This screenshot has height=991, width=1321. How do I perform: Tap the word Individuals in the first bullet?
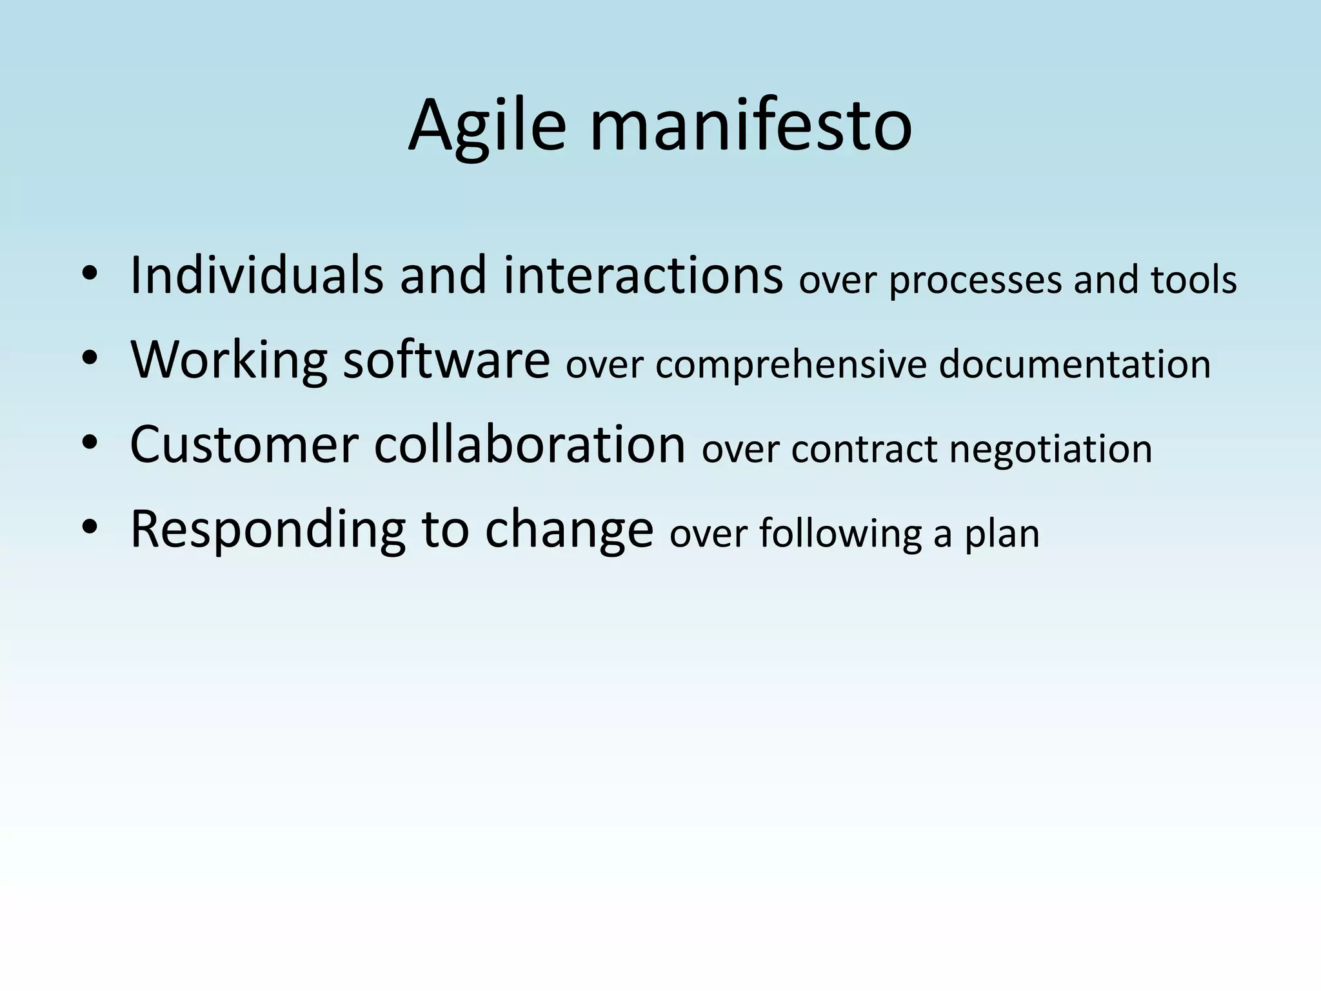coord(256,275)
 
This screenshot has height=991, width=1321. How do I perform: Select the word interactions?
coord(643,275)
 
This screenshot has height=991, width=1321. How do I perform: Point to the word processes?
coord(974,281)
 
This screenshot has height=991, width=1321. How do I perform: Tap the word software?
coord(446,360)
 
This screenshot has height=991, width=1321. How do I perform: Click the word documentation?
coord(1075,365)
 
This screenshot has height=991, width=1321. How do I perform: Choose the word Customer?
coord(244,445)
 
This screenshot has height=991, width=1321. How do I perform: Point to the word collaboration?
coord(530,445)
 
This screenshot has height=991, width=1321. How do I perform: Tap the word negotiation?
coord(1051,450)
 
